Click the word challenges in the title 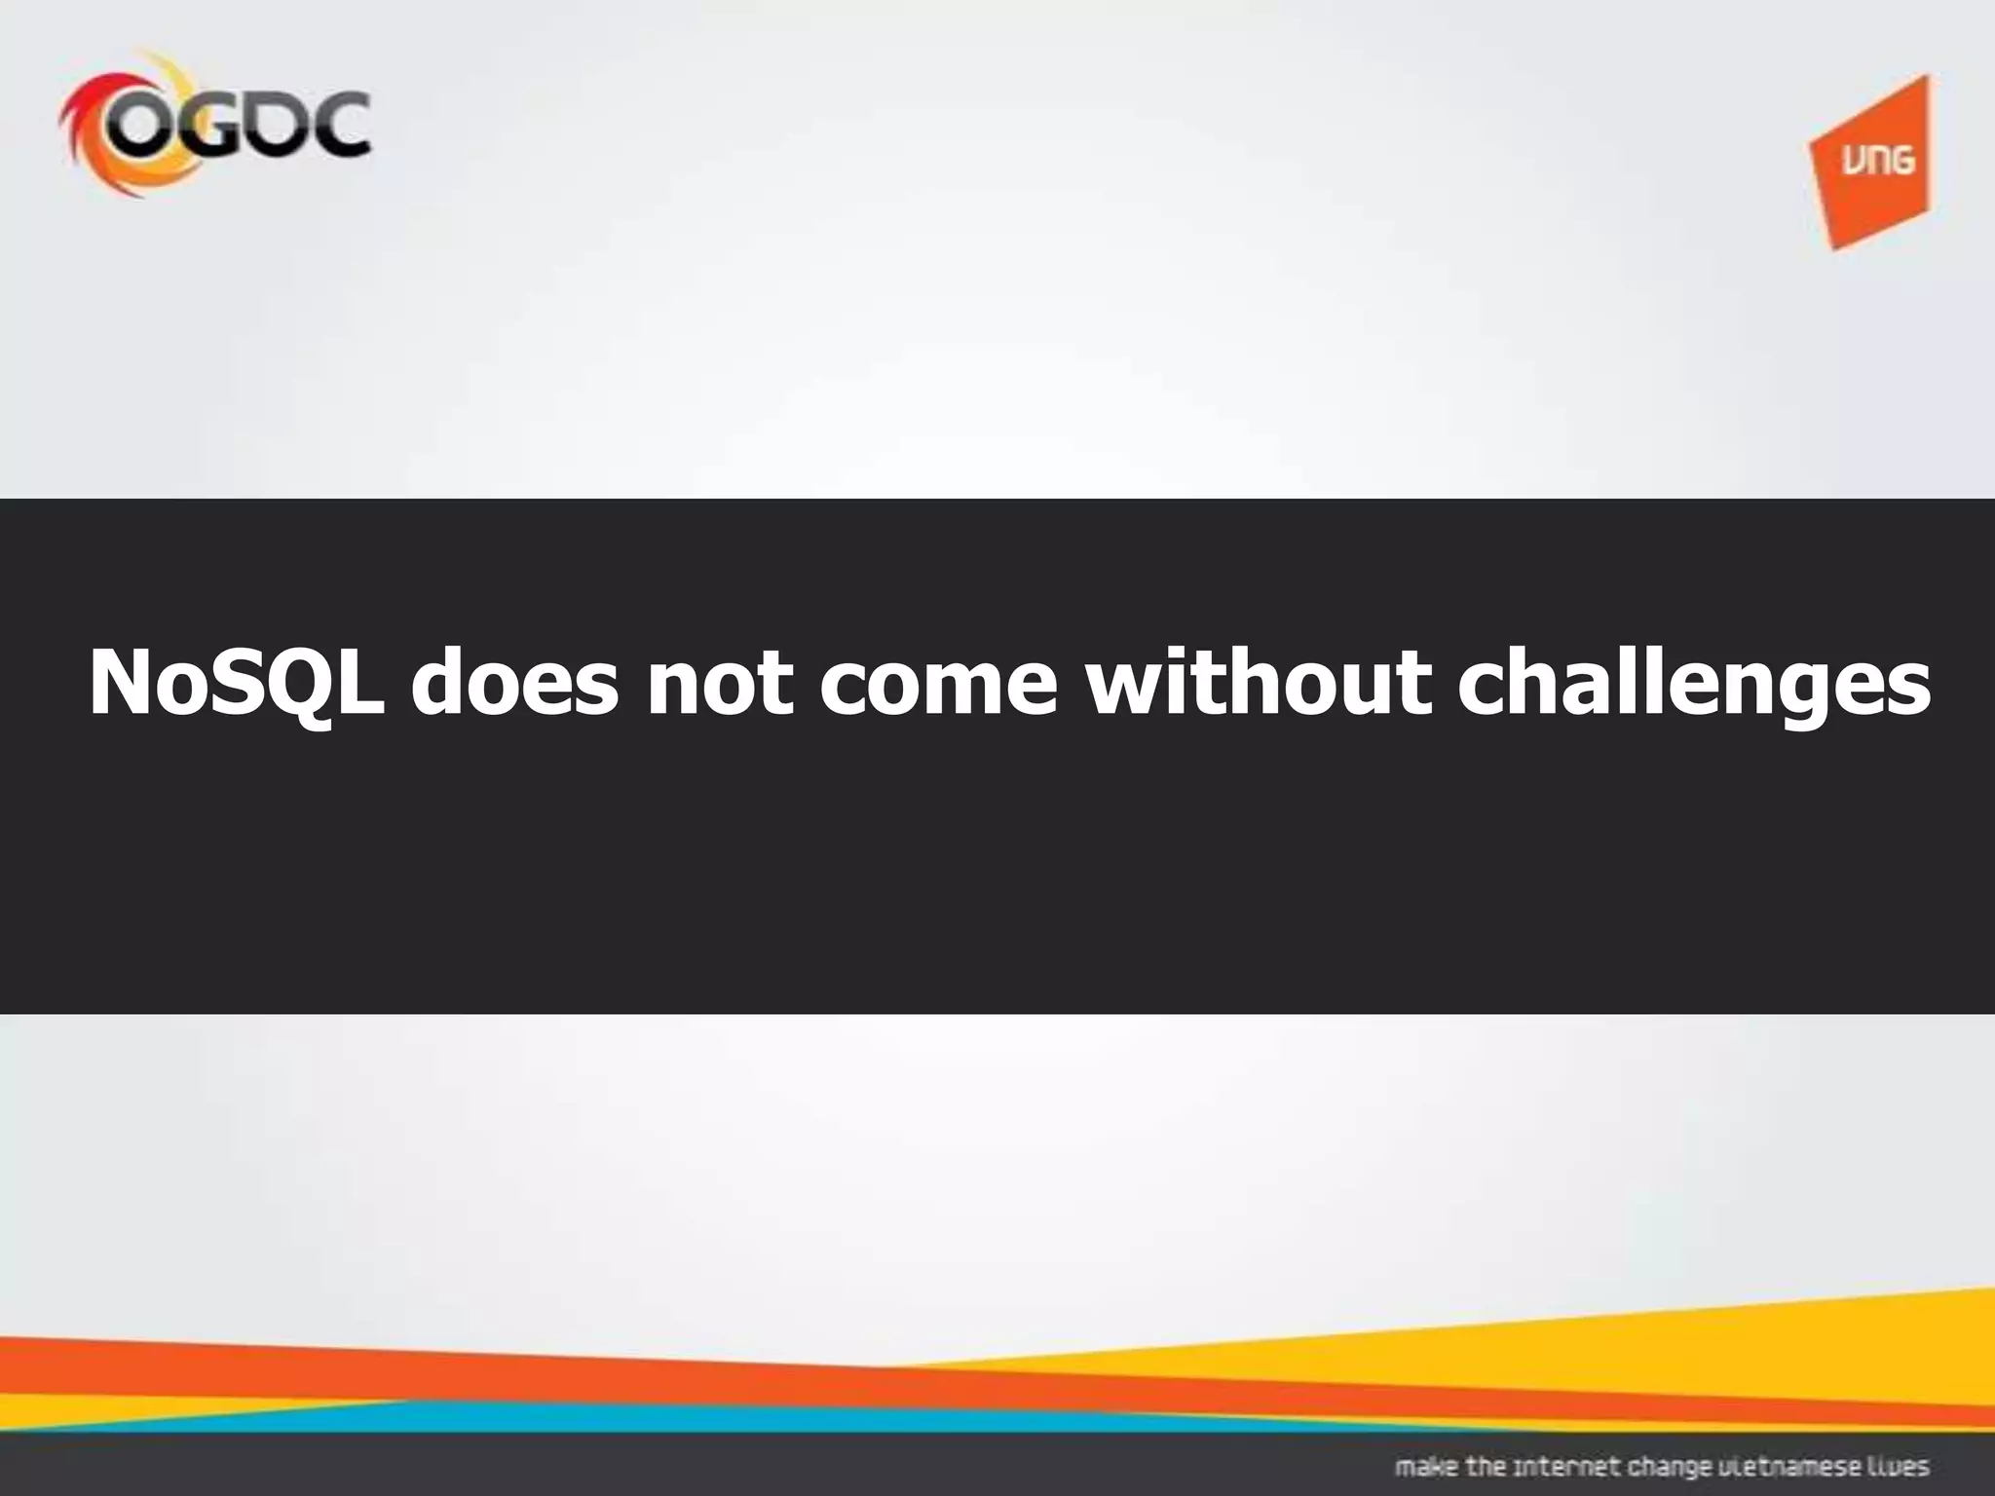click(x=1694, y=685)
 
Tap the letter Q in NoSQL click(x=302, y=685)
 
